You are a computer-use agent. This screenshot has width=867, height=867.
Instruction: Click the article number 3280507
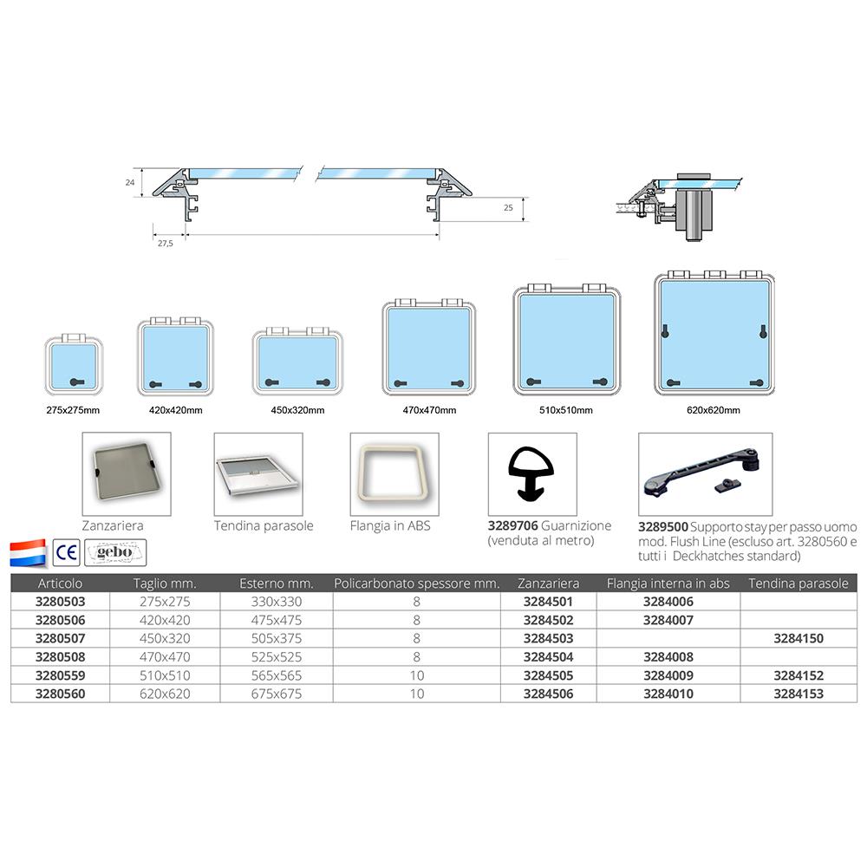coord(61,639)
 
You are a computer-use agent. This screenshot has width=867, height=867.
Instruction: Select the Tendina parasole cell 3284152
coord(799,675)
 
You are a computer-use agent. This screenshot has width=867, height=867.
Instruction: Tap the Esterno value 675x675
coord(277,694)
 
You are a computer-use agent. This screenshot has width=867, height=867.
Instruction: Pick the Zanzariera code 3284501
coord(548,602)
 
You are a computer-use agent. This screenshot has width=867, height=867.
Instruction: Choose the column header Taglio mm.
coord(165,583)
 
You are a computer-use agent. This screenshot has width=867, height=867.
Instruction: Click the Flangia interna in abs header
coord(668,583)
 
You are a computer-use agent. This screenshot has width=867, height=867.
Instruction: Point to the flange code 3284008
coord(668,657)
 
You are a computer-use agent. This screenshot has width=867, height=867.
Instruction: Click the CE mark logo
coord(67,552)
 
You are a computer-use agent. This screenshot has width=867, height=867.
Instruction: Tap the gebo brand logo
coord(115,552)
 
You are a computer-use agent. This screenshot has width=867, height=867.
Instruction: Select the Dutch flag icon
coord(28,552)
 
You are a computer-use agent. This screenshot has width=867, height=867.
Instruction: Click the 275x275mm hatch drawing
coord(74,364)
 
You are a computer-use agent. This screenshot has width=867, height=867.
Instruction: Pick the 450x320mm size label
coord(297,410)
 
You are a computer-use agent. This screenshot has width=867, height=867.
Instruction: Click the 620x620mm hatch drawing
coord(714,333)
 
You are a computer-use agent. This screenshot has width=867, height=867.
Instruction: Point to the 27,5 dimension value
coord(166,244)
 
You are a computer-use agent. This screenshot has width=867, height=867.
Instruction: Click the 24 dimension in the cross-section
coord(130,182)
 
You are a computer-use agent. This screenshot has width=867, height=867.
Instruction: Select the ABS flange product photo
coord(394,474)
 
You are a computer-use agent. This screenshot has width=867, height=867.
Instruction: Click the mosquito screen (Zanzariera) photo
coord(127,474)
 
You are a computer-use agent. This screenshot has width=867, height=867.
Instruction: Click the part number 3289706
coord(512,526)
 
